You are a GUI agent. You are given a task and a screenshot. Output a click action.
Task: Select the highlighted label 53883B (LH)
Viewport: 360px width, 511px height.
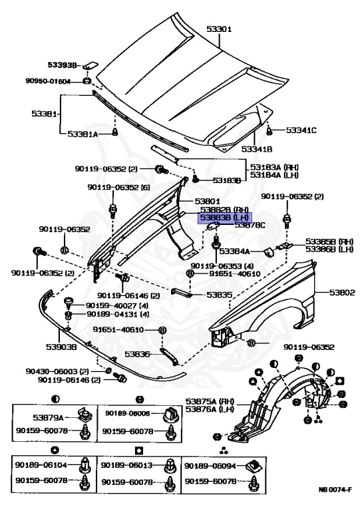pyautogui.click(x=225, y=217)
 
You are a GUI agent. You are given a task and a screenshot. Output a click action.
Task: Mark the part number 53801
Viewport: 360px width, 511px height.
pyautogui.click(x=207, y=200)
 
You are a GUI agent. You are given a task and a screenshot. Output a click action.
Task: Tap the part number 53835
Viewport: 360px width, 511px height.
pyautogui.click(x=220, y=293)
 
